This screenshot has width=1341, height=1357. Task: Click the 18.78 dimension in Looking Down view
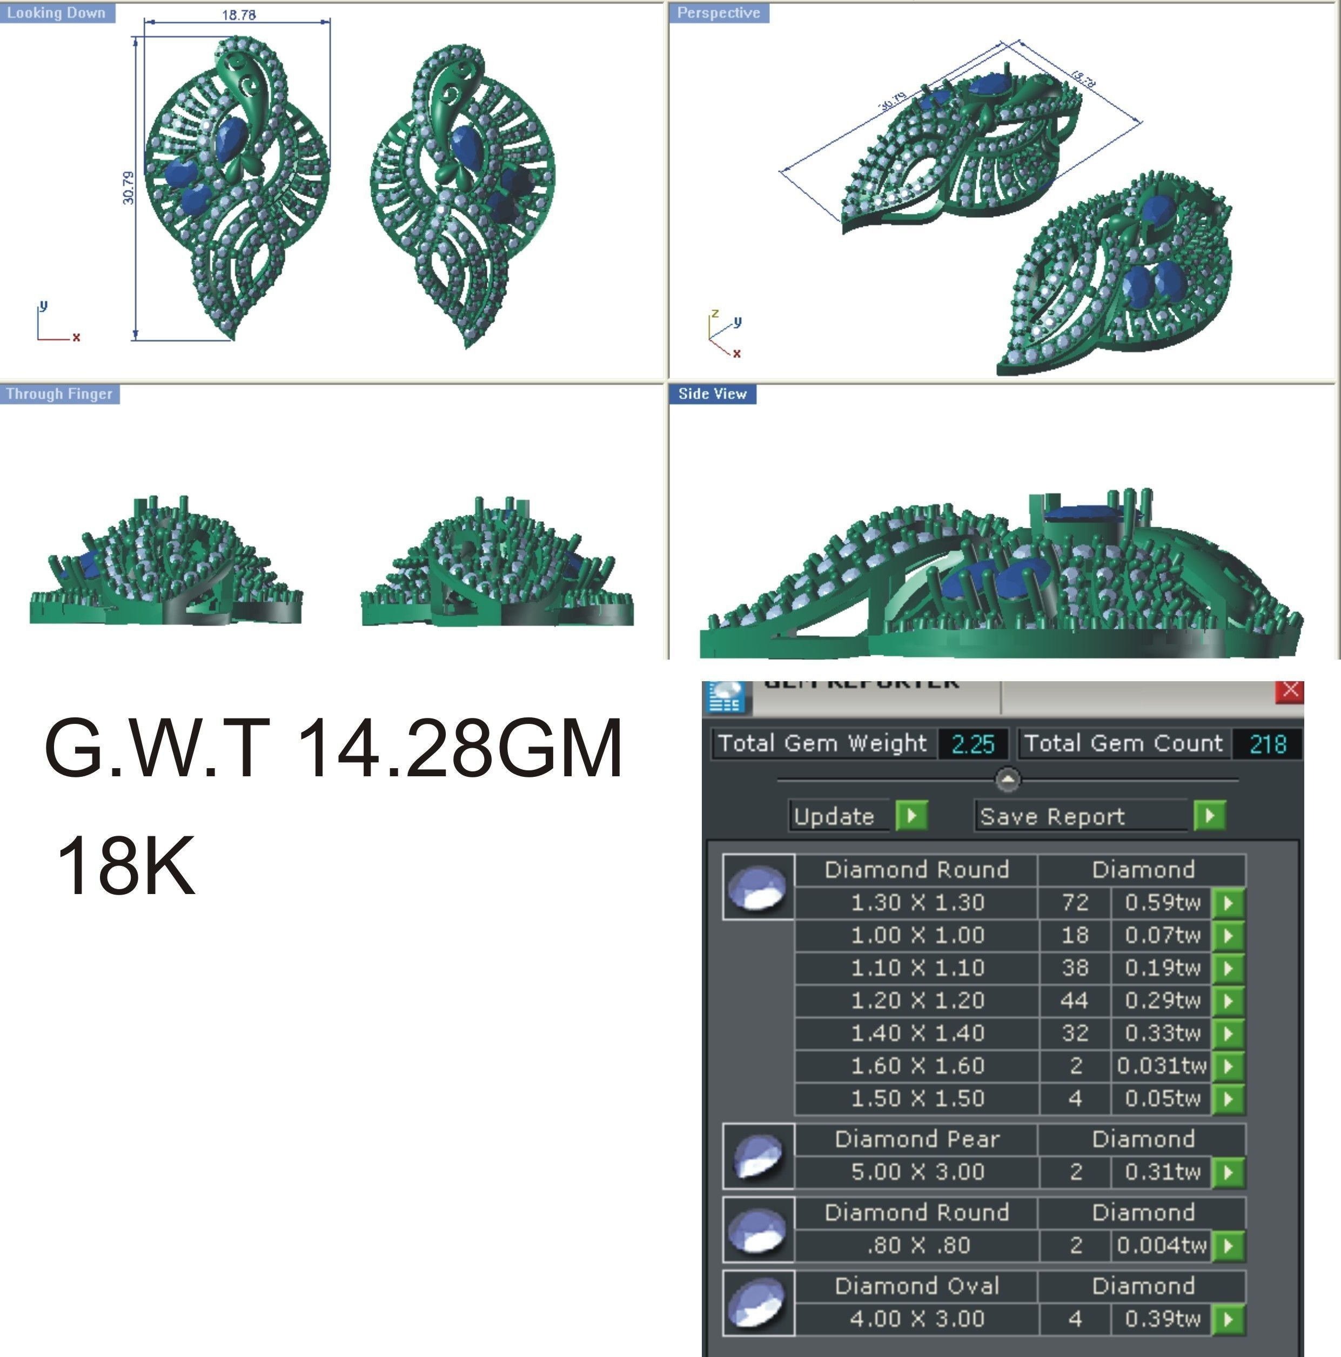click(x=239, y=15)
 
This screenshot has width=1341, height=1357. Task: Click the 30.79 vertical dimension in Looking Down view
click(x=128, y=187)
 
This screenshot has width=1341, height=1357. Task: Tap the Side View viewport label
click(x=712, y=394)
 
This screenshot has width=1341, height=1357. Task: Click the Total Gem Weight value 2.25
click(x=973, y=744)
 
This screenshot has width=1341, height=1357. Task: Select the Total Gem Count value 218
click(x=1268, y=744)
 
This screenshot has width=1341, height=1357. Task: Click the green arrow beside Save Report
click(x=1209, y=816)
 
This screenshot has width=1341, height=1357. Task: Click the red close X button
click(x=1290, y=690)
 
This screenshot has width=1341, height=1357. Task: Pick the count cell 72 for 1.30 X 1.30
click(x=1075, y=903)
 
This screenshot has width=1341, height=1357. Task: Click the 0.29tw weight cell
click(x=1162, y=1000)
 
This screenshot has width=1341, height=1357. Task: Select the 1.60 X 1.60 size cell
click(x=917, y=1065)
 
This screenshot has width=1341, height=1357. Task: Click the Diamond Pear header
click(x=917, y=1139)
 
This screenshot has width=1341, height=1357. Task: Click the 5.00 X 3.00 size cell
click(x=917, y=1172)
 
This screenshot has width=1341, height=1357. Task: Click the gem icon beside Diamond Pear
click(x=758, y=1156)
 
